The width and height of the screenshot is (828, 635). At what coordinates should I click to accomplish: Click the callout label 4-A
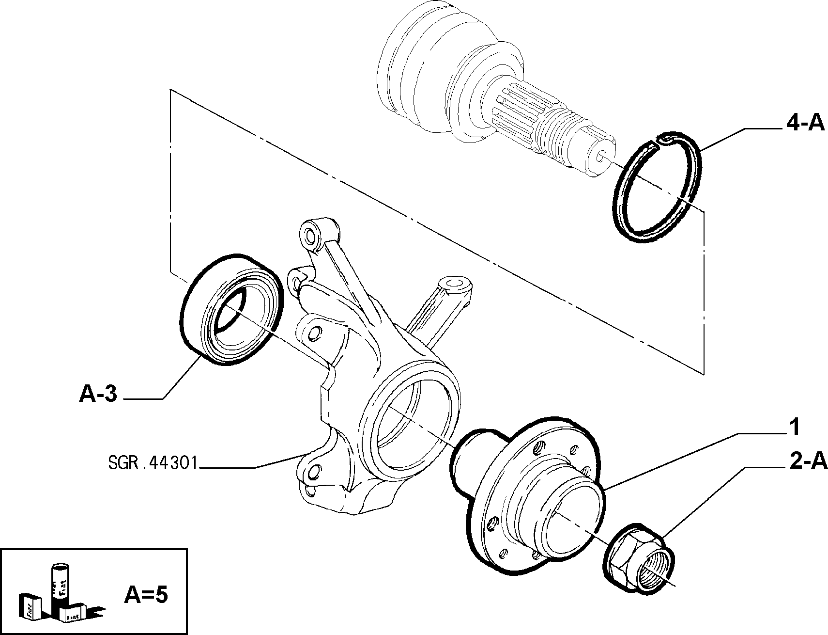805,123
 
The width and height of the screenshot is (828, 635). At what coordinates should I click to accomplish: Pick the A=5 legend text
146,595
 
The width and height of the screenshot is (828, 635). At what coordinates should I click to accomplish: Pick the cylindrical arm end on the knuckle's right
455,286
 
